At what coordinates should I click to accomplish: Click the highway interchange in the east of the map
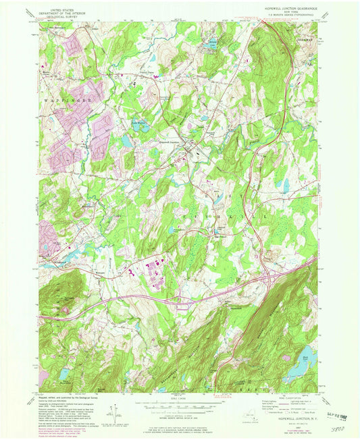[x=269, y=274]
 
